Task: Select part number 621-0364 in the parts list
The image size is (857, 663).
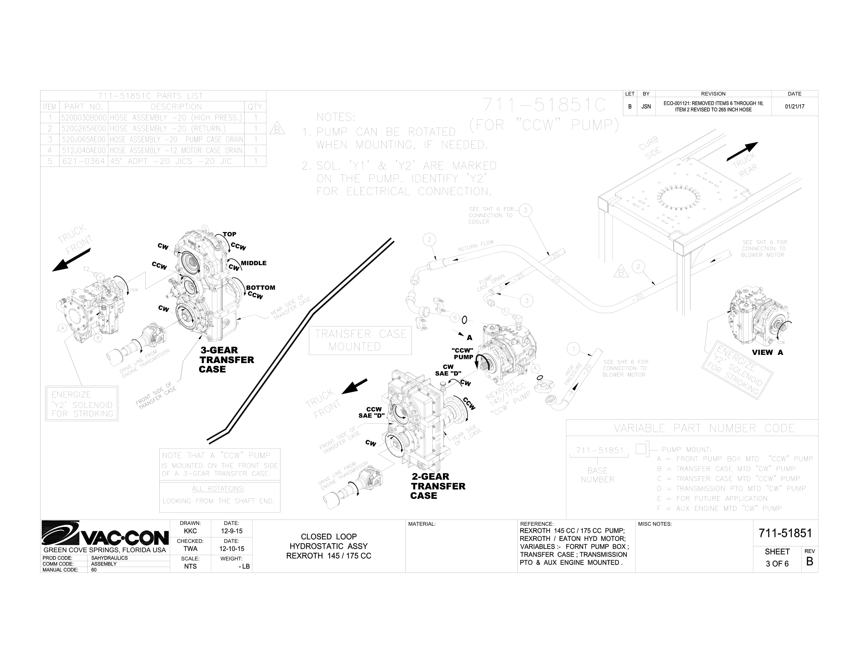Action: point(83,161)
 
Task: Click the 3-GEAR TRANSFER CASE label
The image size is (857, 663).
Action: point(226,360)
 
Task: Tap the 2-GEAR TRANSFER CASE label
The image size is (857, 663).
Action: point(438,486)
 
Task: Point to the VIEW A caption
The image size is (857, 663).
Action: point(767,352)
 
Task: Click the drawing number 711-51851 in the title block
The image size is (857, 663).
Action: point(785,533)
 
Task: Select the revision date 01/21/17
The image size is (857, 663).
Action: point(795,106)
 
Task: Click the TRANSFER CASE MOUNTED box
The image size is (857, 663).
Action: point(360,340)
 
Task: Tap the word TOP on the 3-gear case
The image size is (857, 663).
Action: point(229,234)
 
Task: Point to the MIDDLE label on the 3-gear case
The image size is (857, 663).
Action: point(254,263)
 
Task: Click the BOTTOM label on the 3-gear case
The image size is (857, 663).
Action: point(261,287)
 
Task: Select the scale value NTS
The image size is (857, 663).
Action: point(190,566)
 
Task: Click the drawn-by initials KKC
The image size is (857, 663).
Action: point(190,531)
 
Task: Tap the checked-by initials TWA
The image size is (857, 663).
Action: point(190,549)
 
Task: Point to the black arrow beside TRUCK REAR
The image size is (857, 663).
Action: point(742,152)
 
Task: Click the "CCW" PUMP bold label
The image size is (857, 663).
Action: point(463,353)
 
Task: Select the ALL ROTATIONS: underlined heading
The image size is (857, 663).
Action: point(218,489)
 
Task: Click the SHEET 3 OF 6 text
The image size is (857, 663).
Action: point(777,558)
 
